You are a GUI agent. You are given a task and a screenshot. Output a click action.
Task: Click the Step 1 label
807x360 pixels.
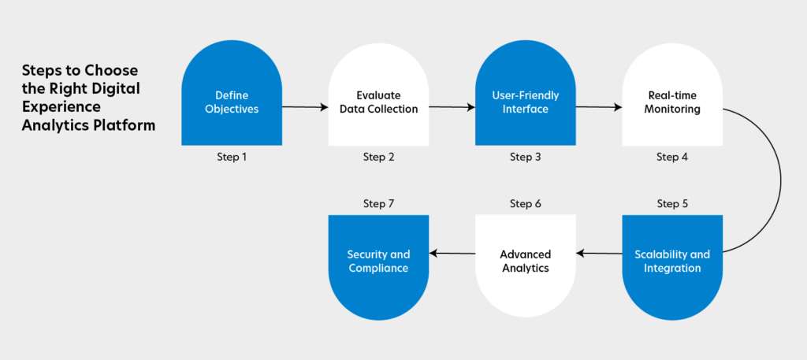tap(232, 158)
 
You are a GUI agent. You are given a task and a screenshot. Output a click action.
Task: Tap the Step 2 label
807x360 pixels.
tap(378, 158)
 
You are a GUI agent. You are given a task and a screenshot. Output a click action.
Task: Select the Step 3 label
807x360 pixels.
tap(525, 158)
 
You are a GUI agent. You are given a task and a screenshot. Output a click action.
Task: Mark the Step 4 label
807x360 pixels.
tap(672, 158)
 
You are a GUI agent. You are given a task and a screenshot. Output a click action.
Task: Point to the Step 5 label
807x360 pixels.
tap(672, 204)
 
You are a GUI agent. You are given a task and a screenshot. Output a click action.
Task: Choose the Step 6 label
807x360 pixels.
tap(525, 204)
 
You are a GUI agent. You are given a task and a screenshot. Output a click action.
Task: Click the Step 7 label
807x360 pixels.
tap(378, 204)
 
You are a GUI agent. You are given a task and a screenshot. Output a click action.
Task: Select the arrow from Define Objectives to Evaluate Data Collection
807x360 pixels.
tap(305, 107)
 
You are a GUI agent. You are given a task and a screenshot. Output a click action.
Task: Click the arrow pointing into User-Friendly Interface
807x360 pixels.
tap(452, 107)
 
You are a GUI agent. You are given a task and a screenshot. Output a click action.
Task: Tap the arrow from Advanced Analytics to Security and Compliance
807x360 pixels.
tap(452, 253)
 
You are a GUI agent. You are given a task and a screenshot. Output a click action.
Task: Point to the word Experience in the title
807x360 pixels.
tap(61, 107)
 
